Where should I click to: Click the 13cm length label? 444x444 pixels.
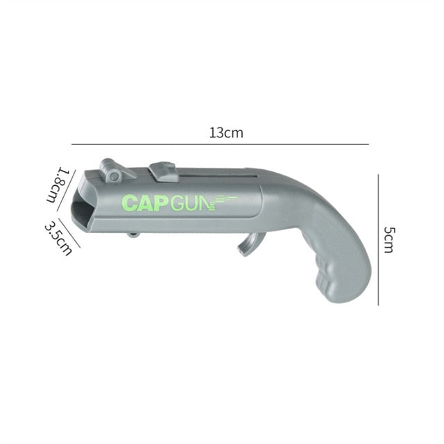(x=226, y=133)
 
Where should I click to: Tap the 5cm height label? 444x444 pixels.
(x=388, y=239)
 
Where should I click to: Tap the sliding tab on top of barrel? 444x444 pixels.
(x=164, y=171)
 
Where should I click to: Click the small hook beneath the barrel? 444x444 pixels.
(x=133, y=235)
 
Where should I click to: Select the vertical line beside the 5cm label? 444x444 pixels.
(x=378, y=239)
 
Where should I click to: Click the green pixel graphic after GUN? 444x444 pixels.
(x=223, y=200)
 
